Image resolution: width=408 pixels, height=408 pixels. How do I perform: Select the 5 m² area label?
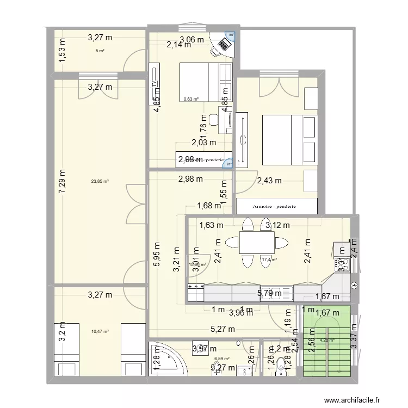[x=100, y=51]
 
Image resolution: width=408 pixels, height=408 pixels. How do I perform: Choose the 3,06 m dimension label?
[x=192, y=39]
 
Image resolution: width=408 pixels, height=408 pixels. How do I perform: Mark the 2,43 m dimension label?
[x=269, y=181]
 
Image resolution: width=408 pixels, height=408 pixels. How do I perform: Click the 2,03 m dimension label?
[x=203, y=143]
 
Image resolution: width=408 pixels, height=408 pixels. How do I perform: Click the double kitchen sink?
[x=276, y=294]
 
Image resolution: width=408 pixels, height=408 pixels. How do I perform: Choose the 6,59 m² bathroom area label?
[x=221, y=358]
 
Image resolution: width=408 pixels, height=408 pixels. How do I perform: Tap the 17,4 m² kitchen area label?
[x=269, y=260]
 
